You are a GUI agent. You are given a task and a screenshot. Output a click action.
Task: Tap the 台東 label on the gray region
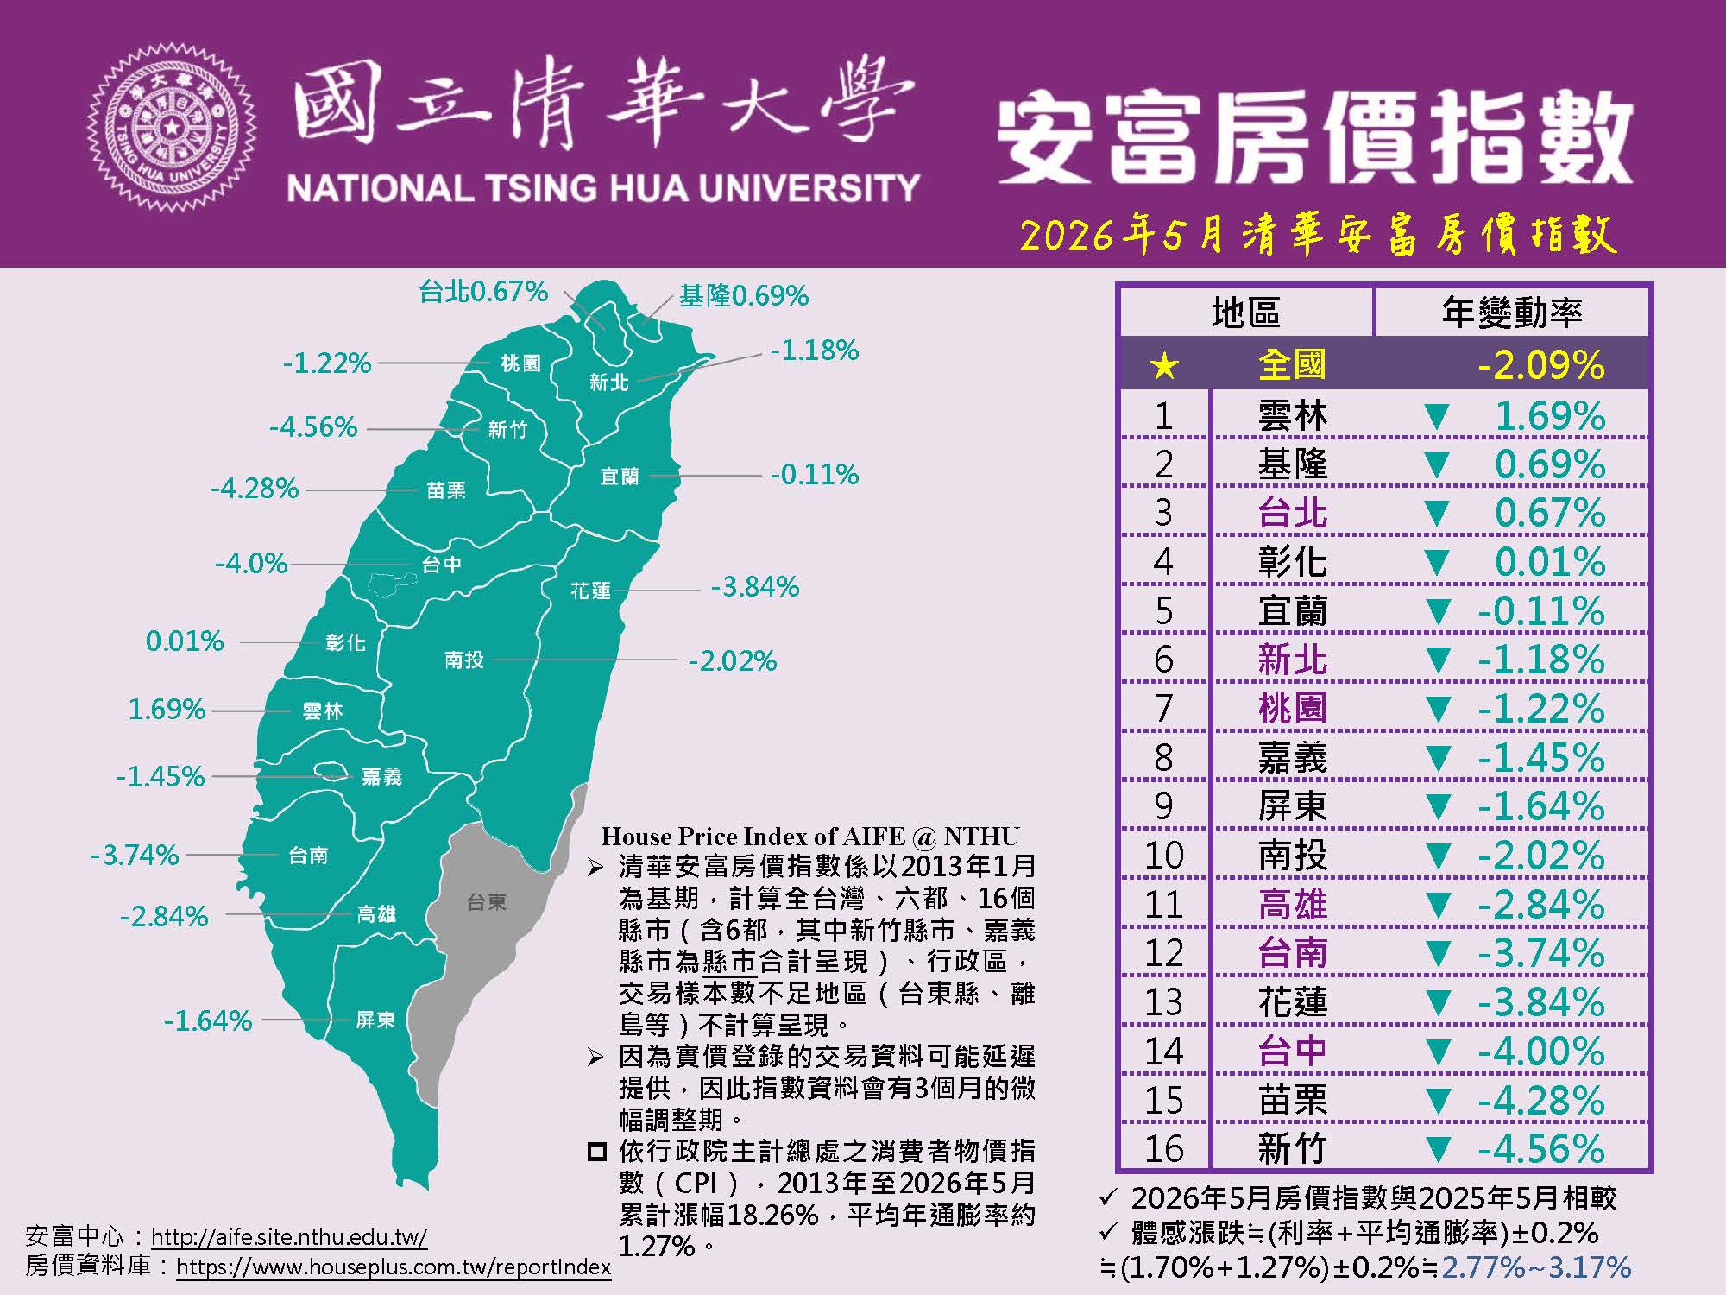pyautogui.click(x=487, y=902)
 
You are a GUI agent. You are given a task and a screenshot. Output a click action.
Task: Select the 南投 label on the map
pyautogui.click(x=464, y=660)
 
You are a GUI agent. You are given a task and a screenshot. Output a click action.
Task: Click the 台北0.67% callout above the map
pyautogui.click(x=483, y=292)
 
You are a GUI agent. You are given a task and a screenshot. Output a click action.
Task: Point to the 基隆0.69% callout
pyautogui.click(x=744, y=296)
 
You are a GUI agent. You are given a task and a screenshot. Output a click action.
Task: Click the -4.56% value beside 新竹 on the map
pyautogui.click(x=313, y=426)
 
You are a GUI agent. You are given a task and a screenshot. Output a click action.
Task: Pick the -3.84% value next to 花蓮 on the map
pyautogui.click(x=755, y=587)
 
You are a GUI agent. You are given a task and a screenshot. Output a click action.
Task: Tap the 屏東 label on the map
pyautogui.click(x=375, y=1020)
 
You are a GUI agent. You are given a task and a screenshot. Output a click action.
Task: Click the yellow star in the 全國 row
pyautogui.click(x=1164, y=366)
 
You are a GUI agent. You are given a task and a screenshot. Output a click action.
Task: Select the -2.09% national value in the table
pyautogui.click(x=1541, y=365)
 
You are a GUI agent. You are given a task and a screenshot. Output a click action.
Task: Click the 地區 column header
pyautogui.click(x=1245, y=312)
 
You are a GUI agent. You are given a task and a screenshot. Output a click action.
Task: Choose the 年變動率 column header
pyautogui.click(x=1512, y=312)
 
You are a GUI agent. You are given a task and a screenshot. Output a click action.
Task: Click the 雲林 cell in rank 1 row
pyautogui.click(x=1292, y=416)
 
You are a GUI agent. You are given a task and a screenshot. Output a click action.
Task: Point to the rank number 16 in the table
pyautogui.click(x=1163, y=1149)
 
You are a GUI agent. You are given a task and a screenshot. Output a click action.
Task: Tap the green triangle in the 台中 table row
pyautogui.click(x=1437, y=1052)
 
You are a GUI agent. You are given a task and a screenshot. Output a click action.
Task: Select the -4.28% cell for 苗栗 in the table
pyautogui.click(x=1541, y=1101)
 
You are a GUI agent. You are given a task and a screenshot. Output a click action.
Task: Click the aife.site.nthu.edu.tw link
pyautogui.click(x=289, y=1236)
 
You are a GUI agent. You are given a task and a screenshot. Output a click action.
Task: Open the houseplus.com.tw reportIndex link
pyautogui.click(x=394, y=1267)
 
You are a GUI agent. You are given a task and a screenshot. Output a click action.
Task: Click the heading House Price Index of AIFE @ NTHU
pyautogui.click(x=810, y=836)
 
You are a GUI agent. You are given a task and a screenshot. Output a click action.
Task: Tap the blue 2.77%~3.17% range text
pyautogui.click(x=1536, y=1267)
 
